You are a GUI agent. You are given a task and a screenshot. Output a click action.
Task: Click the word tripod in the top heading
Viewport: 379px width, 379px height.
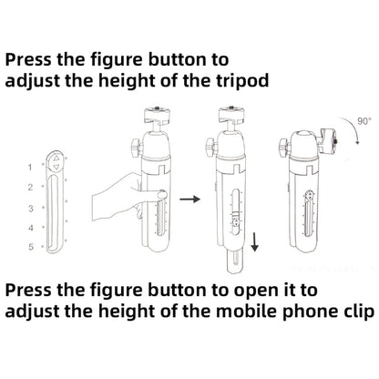(x=238, y=81)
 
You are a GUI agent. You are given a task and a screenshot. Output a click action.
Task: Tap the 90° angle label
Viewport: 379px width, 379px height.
(x=364, y=121)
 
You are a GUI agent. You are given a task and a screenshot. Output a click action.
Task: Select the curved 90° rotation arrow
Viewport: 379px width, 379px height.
(x=352, y=128)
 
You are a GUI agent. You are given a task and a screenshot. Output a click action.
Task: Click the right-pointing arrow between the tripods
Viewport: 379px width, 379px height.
(x=189, y=200)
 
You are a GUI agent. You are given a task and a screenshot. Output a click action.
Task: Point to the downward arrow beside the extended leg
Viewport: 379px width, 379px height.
(x=255, y=242)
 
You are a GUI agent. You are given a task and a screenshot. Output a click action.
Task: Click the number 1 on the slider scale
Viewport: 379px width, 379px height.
(x=30, y=167)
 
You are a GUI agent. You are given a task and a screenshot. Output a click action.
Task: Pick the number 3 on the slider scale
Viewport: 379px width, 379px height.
(x=30, y=209)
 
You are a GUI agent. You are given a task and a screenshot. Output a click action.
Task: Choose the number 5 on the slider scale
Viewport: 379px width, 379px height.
(x=31, y=247)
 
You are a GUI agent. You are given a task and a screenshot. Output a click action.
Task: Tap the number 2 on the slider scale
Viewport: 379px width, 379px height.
(x=30, y=188)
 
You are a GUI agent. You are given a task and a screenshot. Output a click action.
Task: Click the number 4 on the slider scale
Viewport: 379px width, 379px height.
(x=31, y=228)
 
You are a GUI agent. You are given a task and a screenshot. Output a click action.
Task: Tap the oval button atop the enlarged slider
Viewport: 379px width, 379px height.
(x=56, y=162)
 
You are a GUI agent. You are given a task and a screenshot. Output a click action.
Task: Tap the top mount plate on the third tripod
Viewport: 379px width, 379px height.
(x=231, y=115)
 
